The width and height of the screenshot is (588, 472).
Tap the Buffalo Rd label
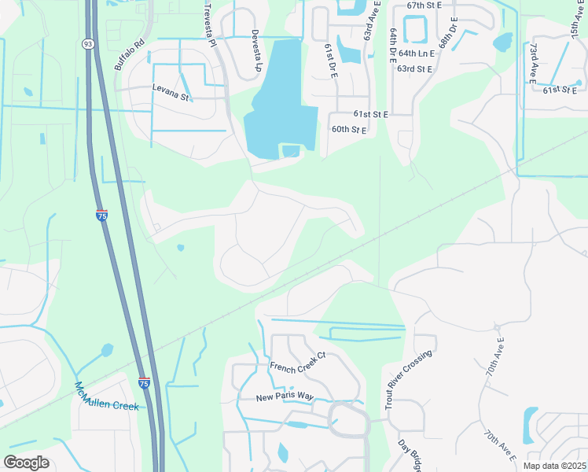tap(130, 54)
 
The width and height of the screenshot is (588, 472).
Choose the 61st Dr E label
tap(331, 61)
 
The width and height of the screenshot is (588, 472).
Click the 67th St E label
tap(424, 5)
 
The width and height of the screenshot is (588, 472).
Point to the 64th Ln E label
tap(416, 53)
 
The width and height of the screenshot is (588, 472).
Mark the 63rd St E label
tap(415, 69)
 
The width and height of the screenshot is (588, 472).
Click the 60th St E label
tap(349, 129)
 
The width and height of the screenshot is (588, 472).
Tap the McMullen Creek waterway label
tap(106, 397)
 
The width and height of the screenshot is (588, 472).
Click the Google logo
tap(27, 463)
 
